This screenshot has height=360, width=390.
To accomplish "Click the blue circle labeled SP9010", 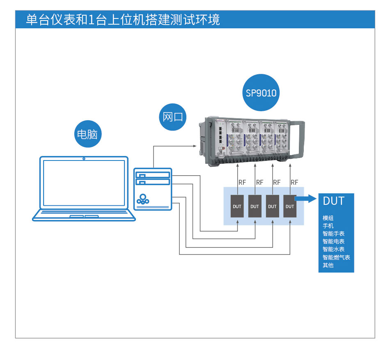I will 261,93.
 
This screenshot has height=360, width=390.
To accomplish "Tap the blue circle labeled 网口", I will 172,117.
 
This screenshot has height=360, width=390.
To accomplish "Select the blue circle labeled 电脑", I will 87,134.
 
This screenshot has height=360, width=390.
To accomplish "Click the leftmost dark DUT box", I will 237,206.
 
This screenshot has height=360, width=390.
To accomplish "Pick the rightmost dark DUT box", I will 290,206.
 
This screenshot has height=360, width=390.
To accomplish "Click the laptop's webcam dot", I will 84,158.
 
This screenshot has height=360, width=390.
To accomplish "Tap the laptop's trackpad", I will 84,216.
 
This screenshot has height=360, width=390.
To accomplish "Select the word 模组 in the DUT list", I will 328,218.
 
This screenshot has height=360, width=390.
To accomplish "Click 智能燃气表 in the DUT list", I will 336,257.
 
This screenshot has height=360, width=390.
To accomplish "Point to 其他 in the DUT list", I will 328,265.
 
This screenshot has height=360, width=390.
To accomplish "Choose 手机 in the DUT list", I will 328,226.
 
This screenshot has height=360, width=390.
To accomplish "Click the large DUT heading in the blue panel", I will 333,201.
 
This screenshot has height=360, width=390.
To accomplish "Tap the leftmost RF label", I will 242,182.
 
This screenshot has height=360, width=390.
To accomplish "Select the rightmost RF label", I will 294,182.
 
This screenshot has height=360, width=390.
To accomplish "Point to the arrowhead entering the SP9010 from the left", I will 194,146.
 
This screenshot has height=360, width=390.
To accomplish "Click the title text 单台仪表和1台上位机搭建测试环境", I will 123,20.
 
